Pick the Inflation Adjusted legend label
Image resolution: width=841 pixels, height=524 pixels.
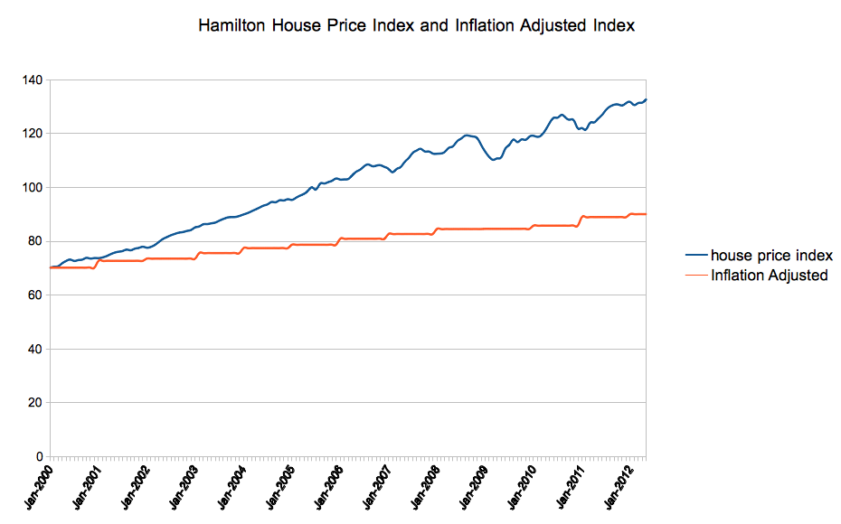[x=769, y=275]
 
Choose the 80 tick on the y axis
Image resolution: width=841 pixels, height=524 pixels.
[x=34, y=241]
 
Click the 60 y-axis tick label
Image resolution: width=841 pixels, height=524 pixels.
[x=34, y=295]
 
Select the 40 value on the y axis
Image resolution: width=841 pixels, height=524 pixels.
[x=34, y=349]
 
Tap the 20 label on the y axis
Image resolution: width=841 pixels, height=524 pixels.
[x=34, y=403]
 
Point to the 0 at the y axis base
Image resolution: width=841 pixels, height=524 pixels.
[x=38, y=456]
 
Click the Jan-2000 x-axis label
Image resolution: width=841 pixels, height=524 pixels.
[x=35, y=485]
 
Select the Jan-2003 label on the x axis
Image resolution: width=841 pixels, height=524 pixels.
[x=180, y=485]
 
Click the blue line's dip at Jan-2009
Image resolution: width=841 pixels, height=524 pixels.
[x=493, y=160]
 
